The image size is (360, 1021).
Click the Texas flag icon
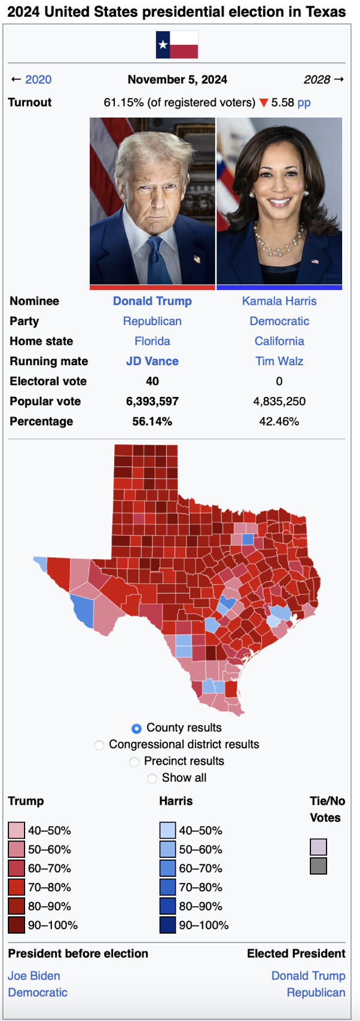pos(176,45)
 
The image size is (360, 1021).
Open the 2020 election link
pos(38,80)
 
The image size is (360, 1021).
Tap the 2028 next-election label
pos(317,80)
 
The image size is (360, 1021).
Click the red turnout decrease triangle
pos(263,103)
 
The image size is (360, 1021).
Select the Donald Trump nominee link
pos(152,301)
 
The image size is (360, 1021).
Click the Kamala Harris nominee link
pos(279,301)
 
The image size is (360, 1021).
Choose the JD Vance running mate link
pos(152,361)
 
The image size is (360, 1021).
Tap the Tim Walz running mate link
pos(279,361)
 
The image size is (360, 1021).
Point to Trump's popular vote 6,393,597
pos(152,401)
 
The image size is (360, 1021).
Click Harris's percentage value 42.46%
pos(279,421)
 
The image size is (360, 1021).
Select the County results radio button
pos(136,728)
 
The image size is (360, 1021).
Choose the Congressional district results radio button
pos(99,745)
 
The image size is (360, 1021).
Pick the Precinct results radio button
pos(135,762)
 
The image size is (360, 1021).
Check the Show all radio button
pos(152,778)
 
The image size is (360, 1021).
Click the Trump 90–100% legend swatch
pos(16,925)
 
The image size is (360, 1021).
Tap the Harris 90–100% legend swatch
pos(167,925)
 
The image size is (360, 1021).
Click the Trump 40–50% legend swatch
pos(16,830)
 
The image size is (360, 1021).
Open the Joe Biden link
pos(34,976)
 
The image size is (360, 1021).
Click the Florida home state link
pos(152,341)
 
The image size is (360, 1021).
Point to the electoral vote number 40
pos(152,381)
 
